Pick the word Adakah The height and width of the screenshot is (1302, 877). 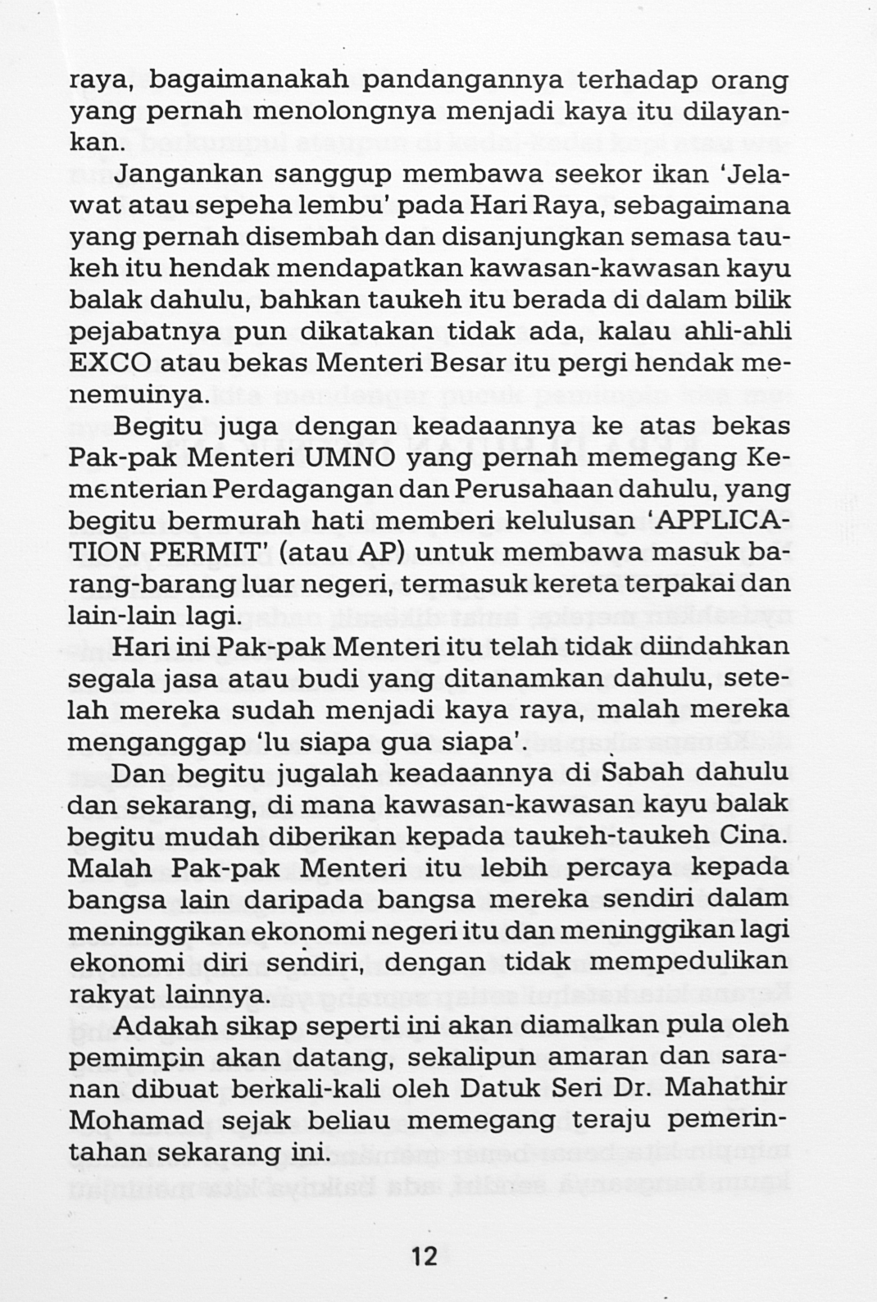tap(160, 1025)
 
